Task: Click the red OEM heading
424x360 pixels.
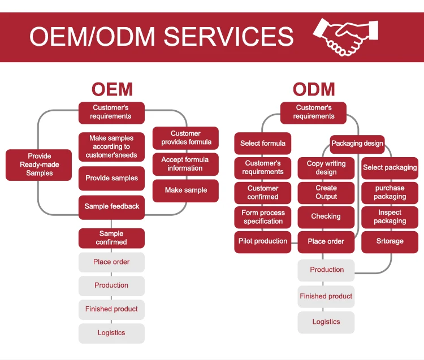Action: point(112,89)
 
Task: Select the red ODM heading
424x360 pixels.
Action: point(314,89)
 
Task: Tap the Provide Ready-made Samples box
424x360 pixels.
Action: point(39,164)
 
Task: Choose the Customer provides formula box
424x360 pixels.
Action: point(185,138)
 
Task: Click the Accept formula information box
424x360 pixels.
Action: point(185,164)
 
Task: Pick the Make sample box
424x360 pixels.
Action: point(185,190)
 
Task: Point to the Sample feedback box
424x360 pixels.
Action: point(111,206)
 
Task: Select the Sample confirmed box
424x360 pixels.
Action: point(111,238)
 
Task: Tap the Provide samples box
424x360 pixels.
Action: point(111,178)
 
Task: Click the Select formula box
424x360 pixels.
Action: point(263,143)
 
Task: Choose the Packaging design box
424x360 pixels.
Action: point(357,144)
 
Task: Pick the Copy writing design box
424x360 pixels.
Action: point(326,168)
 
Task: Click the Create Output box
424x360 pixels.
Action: point(326,192)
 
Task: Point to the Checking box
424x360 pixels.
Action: point(326,216)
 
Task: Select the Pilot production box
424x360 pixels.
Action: point(263,241)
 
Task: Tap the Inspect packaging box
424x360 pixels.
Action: point(390,217)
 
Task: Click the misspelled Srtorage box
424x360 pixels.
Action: point(390,241)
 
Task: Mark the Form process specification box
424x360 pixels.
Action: point(263,217)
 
